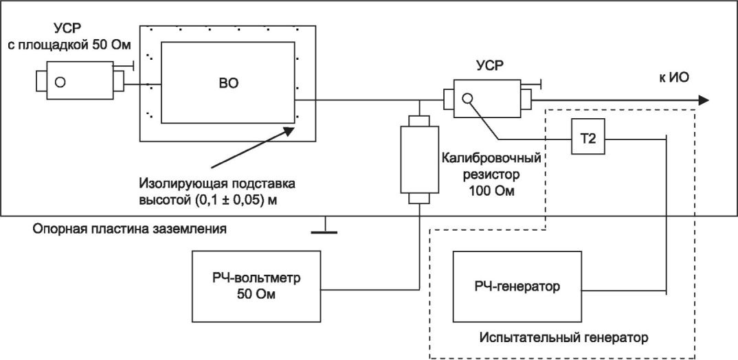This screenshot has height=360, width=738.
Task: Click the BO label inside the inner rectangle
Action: point(229,83)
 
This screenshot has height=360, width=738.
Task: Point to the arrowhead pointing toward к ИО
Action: point(701,100)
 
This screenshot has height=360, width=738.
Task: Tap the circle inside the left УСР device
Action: point(60,82)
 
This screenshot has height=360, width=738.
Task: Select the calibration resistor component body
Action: point(418,160)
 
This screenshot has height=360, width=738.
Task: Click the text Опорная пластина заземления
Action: point(130,227)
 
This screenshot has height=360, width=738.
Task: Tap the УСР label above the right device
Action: point(490,66)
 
